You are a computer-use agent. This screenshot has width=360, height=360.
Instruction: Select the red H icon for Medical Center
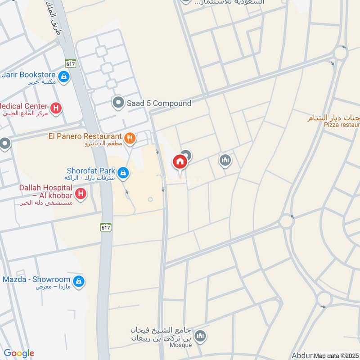click(x=56, y=108)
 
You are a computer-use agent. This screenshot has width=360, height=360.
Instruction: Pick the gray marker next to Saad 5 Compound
click(x=118, y=103)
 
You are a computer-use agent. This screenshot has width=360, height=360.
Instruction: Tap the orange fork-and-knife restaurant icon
click(x=130, y=138)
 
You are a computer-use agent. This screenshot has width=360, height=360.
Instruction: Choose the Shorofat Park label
click(x=91, y=171)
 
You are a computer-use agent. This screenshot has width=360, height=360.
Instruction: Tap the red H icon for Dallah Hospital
click(x=81, y=194)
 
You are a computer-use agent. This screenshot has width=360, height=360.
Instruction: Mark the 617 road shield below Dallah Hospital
click(x=106, y=228)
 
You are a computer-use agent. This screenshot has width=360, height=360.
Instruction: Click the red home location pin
click(x=180, y=162)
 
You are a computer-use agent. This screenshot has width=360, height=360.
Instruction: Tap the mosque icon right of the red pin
click(x=225, y=160)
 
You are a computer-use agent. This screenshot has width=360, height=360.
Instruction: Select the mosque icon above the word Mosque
click(x=201, y=335)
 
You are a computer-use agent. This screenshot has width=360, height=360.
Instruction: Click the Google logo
click(x=19, y=353)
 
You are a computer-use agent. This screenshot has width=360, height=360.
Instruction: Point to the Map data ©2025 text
click(x=336, y=355)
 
